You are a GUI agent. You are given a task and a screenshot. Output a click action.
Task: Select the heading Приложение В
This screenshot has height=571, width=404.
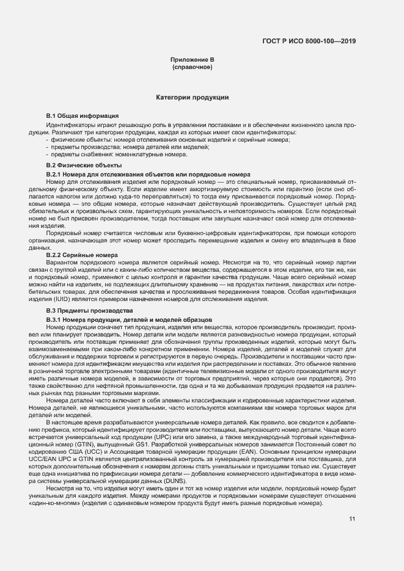[192, 60]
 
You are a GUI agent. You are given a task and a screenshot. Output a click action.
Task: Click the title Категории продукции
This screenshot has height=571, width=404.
[192, 97]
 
